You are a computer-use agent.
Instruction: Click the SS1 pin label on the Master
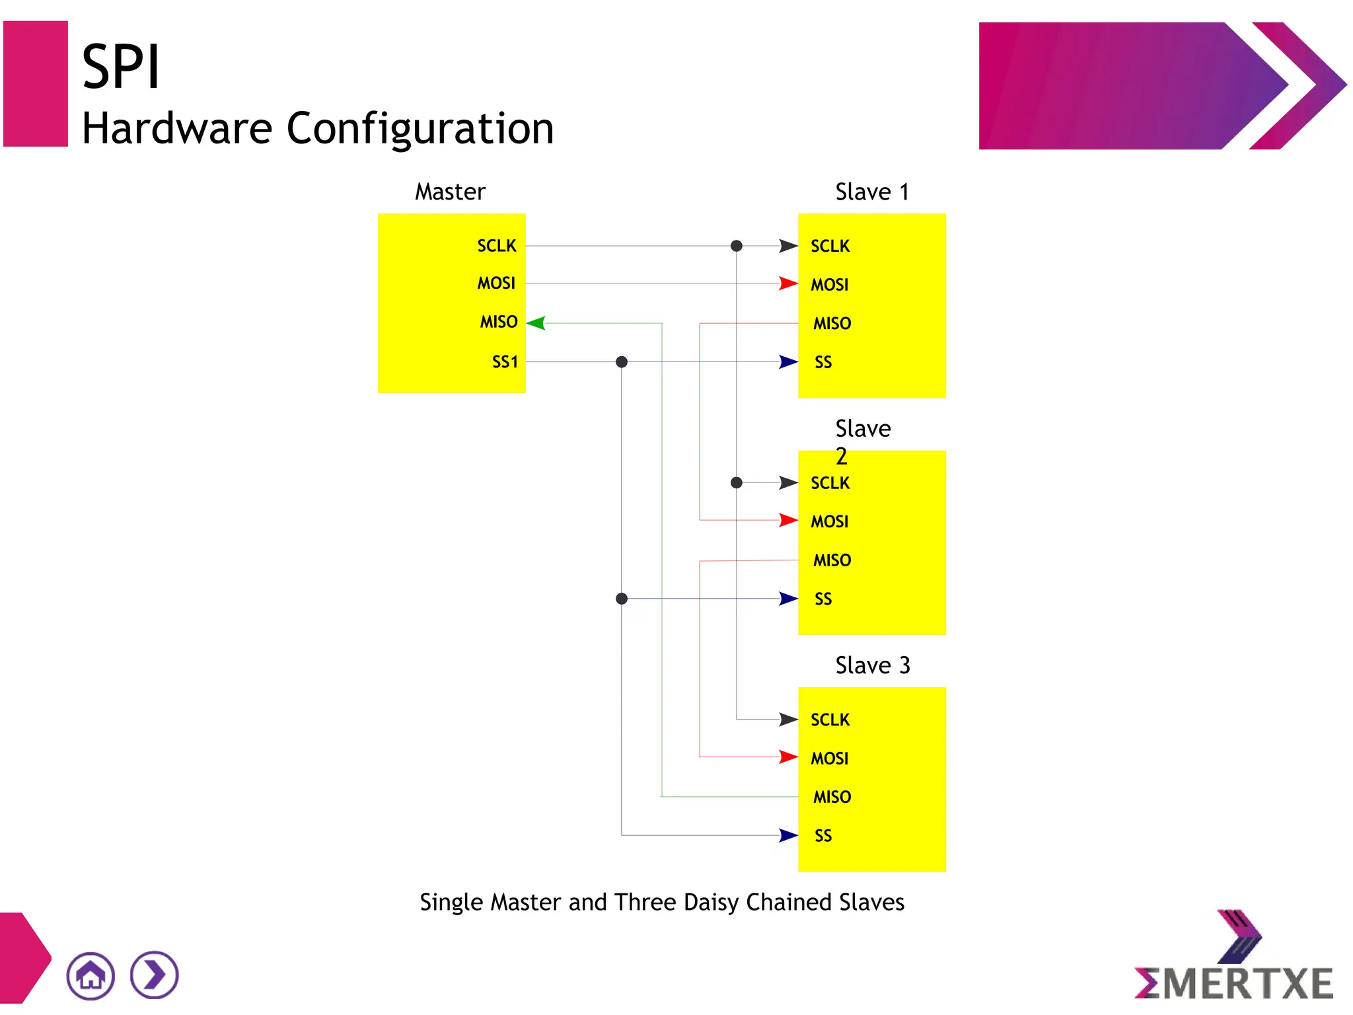pos(505,361)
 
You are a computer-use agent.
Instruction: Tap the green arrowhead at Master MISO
pos(536,323)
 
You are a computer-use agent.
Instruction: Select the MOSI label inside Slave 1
pos(830,285)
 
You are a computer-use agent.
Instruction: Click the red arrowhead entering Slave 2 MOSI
pos(788,520)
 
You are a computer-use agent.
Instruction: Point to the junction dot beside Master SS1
pos(622,361)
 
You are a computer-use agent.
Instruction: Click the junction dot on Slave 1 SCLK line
pos(737,246)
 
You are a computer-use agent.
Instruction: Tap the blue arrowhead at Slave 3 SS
pos(788,835)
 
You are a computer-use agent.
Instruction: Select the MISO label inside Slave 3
pos(832,797)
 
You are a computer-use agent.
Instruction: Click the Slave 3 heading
pos(872,665)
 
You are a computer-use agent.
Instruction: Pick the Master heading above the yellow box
pos(450,192)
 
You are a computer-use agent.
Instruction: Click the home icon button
pos(91,975)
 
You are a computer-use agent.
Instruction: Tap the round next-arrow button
pos(155,975)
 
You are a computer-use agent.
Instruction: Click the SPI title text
pos(121,67)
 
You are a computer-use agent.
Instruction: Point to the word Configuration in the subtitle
pos(420,128)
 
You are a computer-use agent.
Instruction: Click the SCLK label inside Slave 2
pos(830,483)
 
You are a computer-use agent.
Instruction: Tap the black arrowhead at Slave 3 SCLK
pos(788,719)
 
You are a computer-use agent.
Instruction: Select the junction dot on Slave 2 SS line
pos(622,599)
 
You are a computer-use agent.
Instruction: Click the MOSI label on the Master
pos(496,283)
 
